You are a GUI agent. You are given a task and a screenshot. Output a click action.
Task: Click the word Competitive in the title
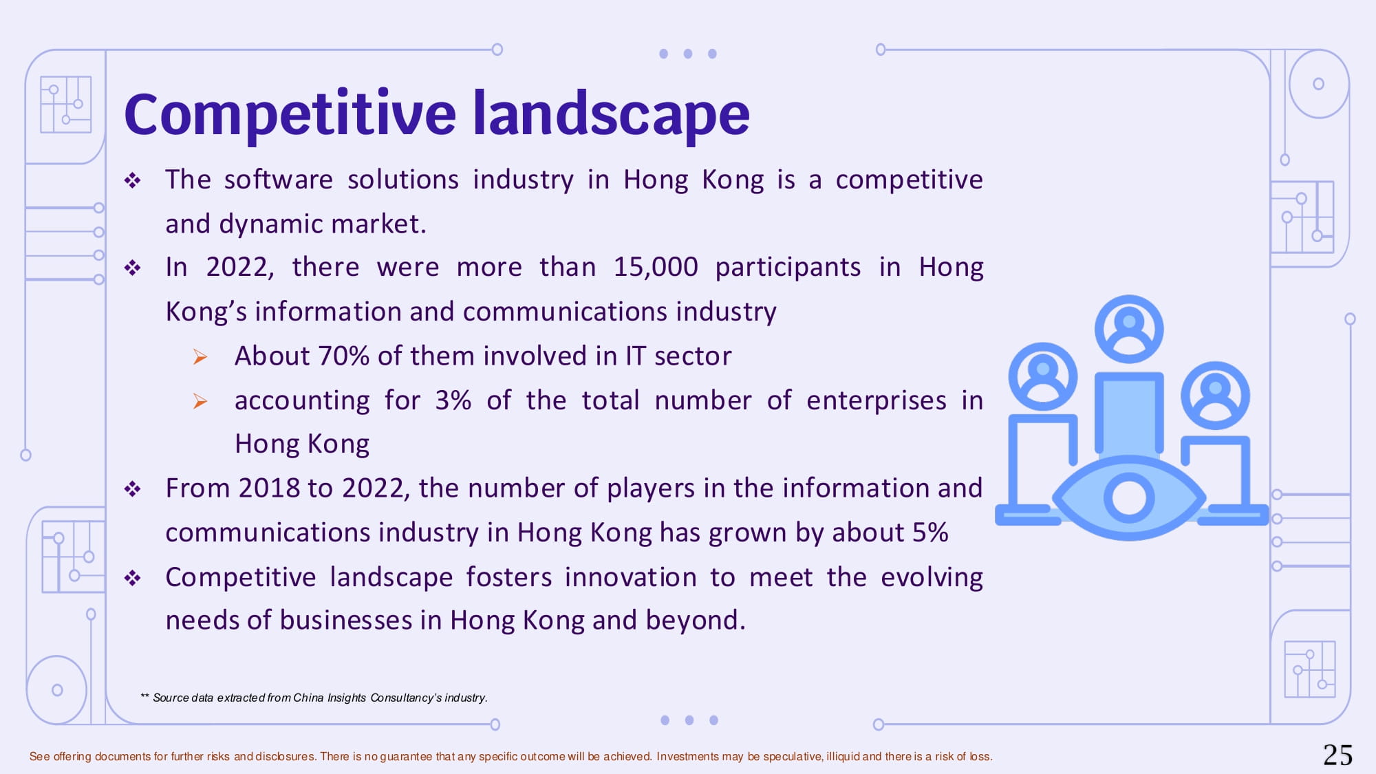pos(290,114)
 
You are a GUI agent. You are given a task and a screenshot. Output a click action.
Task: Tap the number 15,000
pos(656,267)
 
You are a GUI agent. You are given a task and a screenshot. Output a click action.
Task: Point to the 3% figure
pos(453,400)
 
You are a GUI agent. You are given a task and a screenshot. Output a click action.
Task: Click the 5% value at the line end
pos(930,533)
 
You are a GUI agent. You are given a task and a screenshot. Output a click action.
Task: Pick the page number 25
pos(1337,755)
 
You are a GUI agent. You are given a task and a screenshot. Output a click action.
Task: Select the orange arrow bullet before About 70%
pos(200,356)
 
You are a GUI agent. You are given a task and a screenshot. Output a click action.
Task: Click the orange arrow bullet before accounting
pos(200,401)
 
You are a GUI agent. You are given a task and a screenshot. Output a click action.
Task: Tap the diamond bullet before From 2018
pos(133,489)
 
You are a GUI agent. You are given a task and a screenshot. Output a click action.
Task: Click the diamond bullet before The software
pos(133,181)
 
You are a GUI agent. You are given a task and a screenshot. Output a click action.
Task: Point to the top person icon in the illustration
pos(1129,329)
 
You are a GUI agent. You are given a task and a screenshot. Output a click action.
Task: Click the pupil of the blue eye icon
pos(1129,497)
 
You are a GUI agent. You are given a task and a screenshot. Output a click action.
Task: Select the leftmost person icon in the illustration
pos(1043,376)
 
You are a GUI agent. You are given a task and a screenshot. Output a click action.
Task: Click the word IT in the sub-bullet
pos(636,356)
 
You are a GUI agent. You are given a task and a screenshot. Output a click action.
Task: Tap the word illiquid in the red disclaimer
pos(843,757)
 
